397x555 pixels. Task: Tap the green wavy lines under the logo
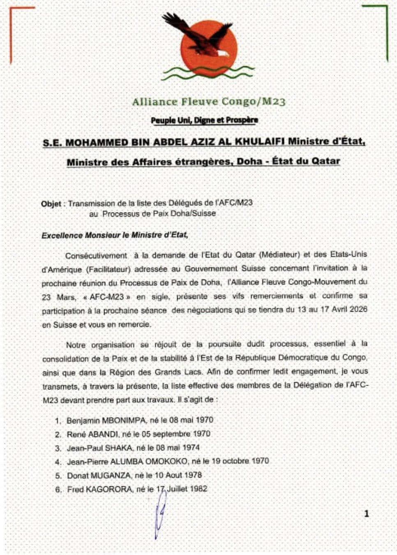208,72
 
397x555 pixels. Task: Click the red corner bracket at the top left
12,25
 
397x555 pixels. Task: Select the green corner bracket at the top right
385,25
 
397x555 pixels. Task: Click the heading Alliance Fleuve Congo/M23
209,102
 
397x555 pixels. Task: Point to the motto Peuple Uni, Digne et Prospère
205,120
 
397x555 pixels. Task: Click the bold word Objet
51,203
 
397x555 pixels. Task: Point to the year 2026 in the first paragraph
358,310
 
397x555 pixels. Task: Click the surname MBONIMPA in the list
124,420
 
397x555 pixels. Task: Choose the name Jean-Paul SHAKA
100,448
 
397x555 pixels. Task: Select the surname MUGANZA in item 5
111,475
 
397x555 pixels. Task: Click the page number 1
367,513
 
